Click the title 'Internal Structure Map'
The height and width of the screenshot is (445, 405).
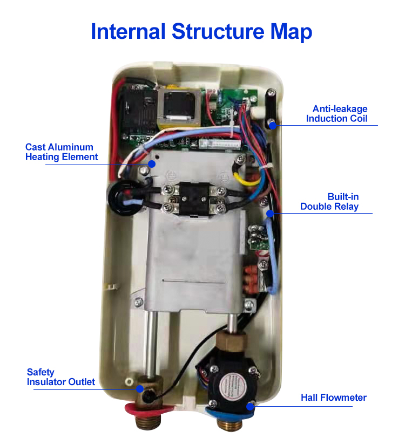[x=201, y=31]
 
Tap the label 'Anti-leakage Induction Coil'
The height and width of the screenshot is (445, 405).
[x=336, y=113]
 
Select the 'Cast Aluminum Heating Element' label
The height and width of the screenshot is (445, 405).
[x=62, y=152]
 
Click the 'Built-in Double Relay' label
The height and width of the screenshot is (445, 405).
[x=329, y=202]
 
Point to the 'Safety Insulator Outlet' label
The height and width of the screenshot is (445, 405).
[x=61, y=377]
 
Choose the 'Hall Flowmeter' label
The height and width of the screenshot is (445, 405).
[x=334, y=398]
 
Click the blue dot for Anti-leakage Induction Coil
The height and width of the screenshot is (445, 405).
[x=273, y=125]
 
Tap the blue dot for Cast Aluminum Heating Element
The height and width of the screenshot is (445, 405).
[x=152, y=164]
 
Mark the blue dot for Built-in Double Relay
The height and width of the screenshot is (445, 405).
[x=270, y=214]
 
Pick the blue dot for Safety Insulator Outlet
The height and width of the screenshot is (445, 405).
[x=139, y=389]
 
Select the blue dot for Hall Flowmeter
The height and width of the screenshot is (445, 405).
[x=250, y=407]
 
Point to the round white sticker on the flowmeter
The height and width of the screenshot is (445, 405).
[x=230, y=386]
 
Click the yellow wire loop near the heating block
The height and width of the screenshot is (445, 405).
[x=245, y=176]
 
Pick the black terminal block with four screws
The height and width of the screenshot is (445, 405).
[x=193, y=198]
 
